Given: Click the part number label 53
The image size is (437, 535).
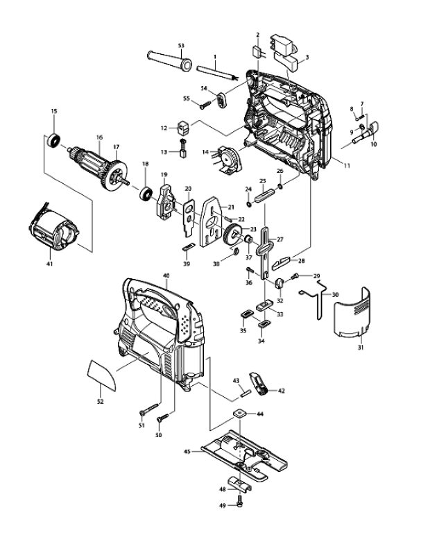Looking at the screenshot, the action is coord(181,45).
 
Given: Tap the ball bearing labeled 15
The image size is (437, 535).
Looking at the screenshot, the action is coord(54,140).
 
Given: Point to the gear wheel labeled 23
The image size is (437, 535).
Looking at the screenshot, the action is coord(232,235).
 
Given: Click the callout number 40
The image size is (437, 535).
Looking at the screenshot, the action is coord(166,275).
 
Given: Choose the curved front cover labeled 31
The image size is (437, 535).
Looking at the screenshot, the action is coord(352,313).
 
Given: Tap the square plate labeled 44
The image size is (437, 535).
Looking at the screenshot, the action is coord(240,414).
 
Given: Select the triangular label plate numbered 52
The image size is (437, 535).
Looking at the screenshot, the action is coord(102,375).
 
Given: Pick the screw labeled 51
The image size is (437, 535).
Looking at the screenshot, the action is coord(149,409).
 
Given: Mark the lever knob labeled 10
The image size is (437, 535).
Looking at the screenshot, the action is coord(366,133).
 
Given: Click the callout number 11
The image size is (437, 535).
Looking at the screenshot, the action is coord(347,166).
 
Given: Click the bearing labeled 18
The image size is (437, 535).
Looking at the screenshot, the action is coord(146,194).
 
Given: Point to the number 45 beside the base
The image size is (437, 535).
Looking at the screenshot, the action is coord(187,452).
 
